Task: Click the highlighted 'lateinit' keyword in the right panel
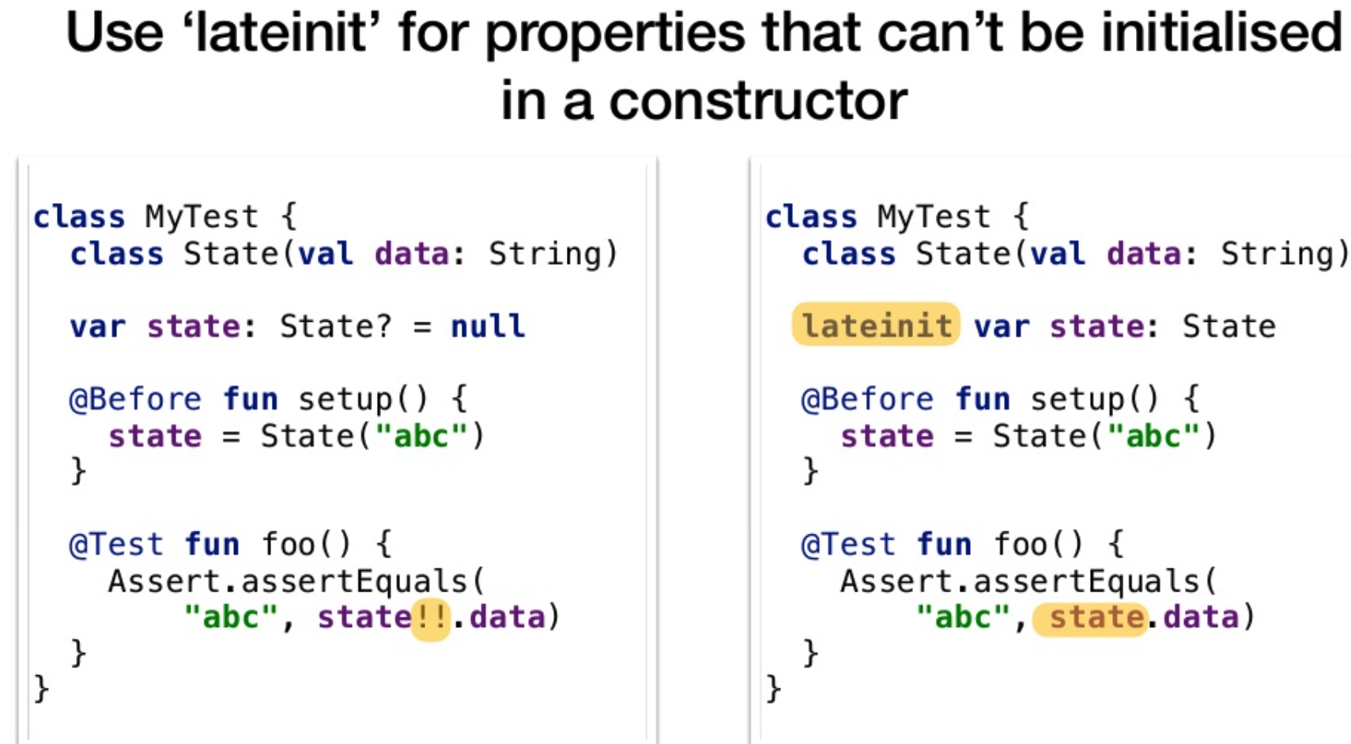pos(876,325)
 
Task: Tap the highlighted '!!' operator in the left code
pos(431,617)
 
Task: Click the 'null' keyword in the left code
pos(488,327)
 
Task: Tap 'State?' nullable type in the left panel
pos(335,327)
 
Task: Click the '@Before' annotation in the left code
pos(136,399)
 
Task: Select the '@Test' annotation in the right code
pos(848,545)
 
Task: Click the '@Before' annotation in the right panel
pos(868,399)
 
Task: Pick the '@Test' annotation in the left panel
pos(115,545)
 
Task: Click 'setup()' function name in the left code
pos(363,400)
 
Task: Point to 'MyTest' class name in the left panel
pos(202,217)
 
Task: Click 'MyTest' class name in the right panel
pos(934,217)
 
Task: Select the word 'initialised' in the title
pos(1222,32)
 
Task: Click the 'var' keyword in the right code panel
pos(1002,327)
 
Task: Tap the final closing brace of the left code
pos(42,689)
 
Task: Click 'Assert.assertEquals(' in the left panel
pos(296,582)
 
